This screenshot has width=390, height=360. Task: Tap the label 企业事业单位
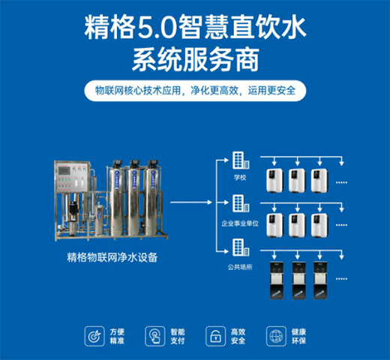click(240, 223)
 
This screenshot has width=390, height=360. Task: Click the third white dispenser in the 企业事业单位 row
click(318, 223)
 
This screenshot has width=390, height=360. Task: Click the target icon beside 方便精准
click(95, 334)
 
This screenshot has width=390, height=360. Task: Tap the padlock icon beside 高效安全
click(217, 334)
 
